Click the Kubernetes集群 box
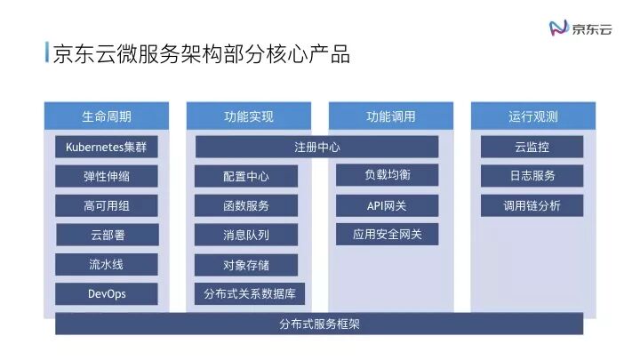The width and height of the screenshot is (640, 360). click(x=106, y=147)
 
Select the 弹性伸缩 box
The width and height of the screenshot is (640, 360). click(x=106, y=176)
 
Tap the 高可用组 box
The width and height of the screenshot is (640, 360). click(x=106, y=205)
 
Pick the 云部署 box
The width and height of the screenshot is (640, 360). click(x=106, y=235)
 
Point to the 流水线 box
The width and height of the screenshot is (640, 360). click(x=106, y=264)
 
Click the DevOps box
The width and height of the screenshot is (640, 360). click(x=106, y=293)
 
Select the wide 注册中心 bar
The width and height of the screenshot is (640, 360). click(x=316, y=147)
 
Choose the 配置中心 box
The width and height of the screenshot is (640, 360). click(x=246, y=176)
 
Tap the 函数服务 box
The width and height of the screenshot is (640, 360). click(x=246, y=205)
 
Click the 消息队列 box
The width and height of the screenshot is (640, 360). click(x=246, y=235)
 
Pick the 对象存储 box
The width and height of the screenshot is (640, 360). click(x=246, y=264)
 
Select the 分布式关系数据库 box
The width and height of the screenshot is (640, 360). click(x=249, y=293)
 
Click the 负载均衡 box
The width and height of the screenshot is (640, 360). click(x=387, y=175)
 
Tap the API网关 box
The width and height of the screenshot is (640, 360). click(x=387, y=205)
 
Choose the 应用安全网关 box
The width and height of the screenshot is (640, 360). click(x=387, y=235)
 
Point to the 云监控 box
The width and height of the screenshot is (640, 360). click(x=532, y=147)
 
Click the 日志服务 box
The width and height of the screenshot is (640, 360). click(x=532, y=176)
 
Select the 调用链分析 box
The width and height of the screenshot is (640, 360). click(x=532, y=205)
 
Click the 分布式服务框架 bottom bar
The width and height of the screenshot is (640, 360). click(x=318, y=324)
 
